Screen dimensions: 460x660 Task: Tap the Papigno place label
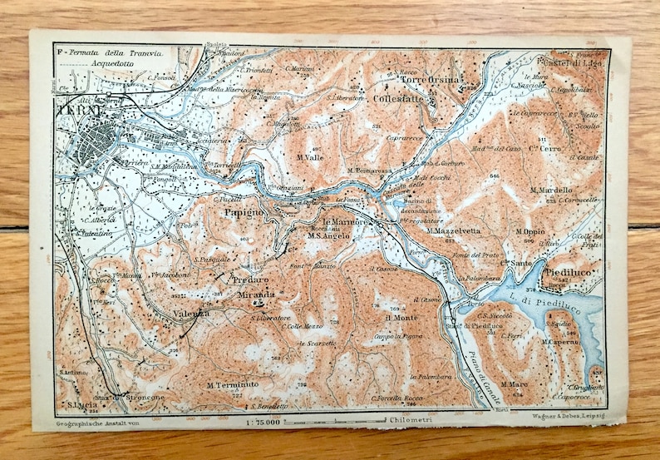click(243, 212)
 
